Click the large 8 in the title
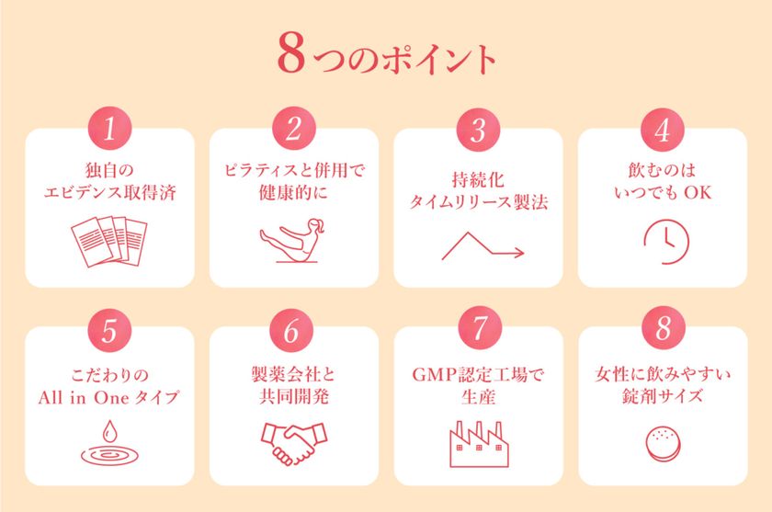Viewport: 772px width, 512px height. (x=291, y=53)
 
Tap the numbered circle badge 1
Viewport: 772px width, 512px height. (x=109, y=129)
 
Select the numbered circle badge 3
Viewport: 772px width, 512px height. (x=478, y=130)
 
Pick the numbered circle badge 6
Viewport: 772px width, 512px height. (x=291, y=330)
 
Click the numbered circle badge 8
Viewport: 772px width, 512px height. (x=664, y=327)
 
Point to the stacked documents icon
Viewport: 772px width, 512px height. (x=109, y=241)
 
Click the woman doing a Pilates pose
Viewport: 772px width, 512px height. (x=292, y=240)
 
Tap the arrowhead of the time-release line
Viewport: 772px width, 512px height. (x=519, y=253)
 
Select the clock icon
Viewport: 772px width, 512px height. (x=666, y=242)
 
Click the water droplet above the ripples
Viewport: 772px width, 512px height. (x=109, y=431)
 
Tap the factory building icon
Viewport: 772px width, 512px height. (x=479, y=444)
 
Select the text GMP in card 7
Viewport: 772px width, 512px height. (x=435, y=375)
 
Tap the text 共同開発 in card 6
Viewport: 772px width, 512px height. (x=294, y=397)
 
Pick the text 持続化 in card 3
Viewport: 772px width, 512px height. (x=478, y=179)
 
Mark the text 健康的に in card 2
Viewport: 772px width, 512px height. (x=294, y=192)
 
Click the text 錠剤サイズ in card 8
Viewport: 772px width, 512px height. (x=664, y=396)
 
